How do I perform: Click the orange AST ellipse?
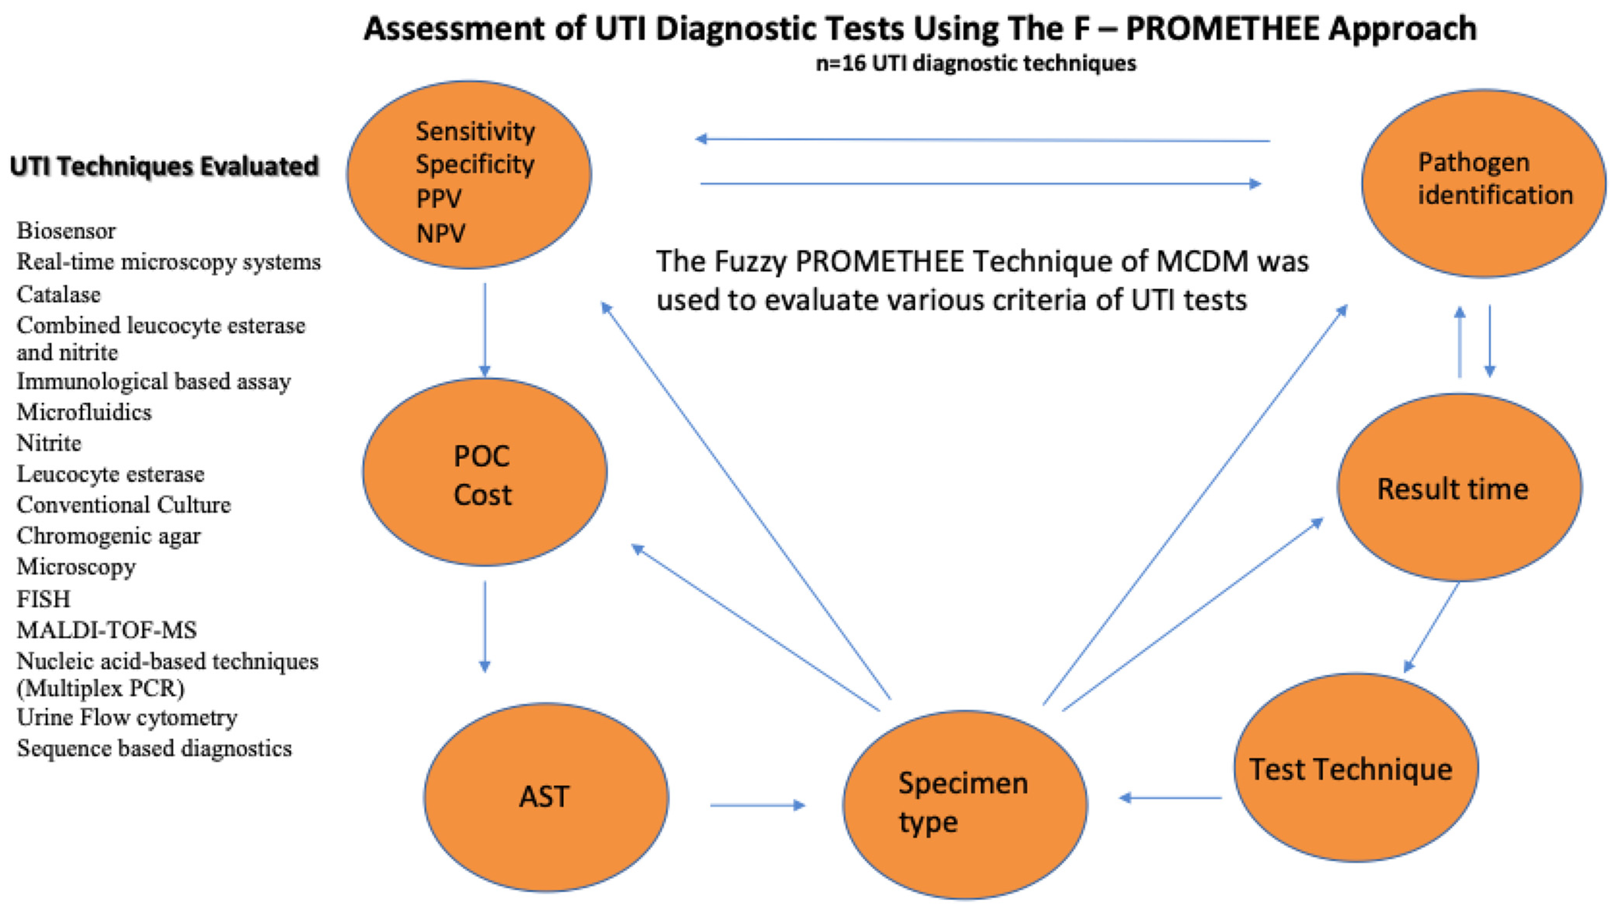(x=546, y=797)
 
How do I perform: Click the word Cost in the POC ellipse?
(x=482, y=495)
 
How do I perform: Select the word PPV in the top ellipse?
(x=439, y=199)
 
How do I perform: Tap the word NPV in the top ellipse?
(x=441, y=233)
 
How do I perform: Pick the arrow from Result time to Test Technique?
(x=1431, y=627)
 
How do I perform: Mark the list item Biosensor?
(x=66, y=231)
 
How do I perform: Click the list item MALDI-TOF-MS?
(x=107, y=630)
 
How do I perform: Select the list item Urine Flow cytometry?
(x=127, y=717)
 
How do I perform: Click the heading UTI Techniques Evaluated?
(x=164, y=166)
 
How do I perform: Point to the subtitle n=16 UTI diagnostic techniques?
(x=976, y=63)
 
